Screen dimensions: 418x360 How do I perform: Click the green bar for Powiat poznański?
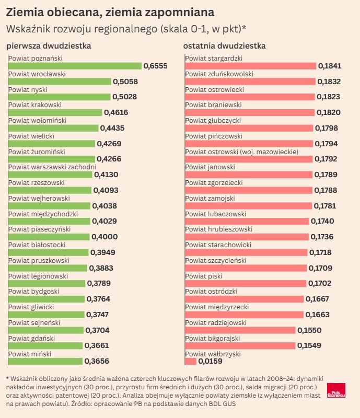tap(75, 66)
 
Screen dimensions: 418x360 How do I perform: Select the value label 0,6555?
tap(155, 66)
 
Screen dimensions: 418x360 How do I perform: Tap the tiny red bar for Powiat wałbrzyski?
tap(190, 361)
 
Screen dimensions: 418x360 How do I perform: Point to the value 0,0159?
tap(210, 361)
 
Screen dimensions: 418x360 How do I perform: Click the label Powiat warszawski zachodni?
tap(52, 167)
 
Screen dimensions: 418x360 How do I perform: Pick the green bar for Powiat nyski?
tap(59, 97)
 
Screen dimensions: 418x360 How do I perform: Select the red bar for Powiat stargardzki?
tap(250, 66)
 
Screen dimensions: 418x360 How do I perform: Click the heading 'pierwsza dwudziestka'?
tap(49, 46)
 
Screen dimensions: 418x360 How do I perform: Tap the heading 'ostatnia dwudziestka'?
tap(224, 46)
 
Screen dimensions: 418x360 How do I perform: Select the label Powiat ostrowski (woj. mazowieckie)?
tap(242, 152)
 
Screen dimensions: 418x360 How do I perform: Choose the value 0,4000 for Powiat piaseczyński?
tap(104, 237)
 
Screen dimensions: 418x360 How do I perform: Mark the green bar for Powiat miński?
tap(45, 361)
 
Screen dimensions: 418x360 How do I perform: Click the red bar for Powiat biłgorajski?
tap(239, 345)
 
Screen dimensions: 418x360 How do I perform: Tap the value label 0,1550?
tap(309, 330)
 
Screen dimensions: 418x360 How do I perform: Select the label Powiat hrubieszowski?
tap(219, 229)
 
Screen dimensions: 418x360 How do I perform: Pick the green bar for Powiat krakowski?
tap(55, 112)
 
